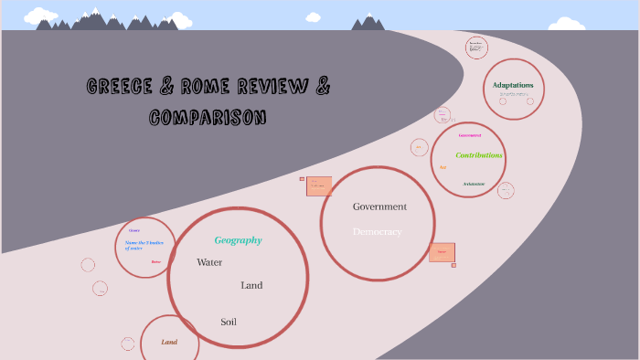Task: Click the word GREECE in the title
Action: tap(120, 87)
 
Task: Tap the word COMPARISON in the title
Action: tap(208, 117)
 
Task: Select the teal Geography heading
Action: tap(238, 240)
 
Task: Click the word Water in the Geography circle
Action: tap(209, 262)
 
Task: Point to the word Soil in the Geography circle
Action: tap(229, 322)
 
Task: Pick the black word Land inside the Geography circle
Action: tap(251, 285)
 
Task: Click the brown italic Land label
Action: tap(169, 342)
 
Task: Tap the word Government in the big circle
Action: tap(379, 206)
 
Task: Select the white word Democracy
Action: tap(378, 232)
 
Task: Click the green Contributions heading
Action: tap(479, 155)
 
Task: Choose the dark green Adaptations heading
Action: tap(512, 85)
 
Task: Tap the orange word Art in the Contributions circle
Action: tap(443, 167)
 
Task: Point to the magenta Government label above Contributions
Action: tap(470, 135)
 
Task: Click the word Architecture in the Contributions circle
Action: tap(474, 184)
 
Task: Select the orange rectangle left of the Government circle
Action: tap(319, 186)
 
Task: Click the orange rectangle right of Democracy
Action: tap(442, 252)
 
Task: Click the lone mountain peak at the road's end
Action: tap(369, 21)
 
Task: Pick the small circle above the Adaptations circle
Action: tap(476, 48)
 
